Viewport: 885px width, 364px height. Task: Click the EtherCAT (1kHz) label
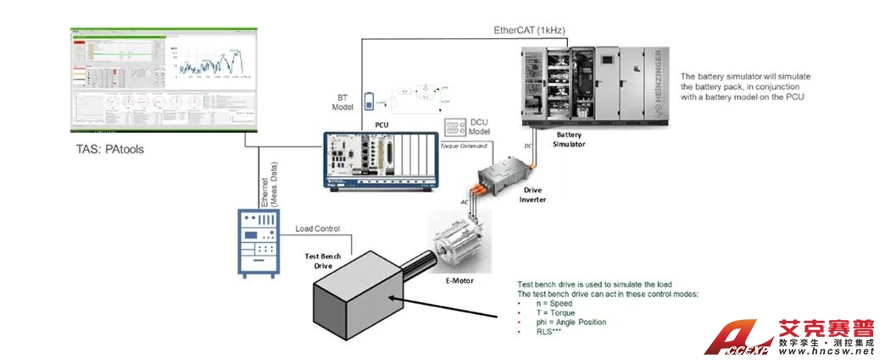(529, 30)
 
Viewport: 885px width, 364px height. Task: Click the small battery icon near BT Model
(369, 102)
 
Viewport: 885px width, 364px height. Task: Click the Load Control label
(317, 229)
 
